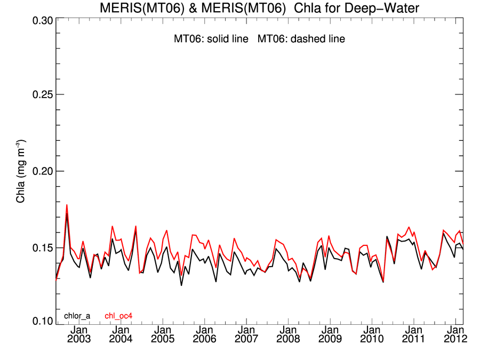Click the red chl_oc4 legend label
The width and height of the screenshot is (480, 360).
(x=118, y=316)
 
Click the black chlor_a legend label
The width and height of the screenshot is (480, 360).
(x=77, y=316)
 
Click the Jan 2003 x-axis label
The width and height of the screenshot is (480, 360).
(x=79, y=334)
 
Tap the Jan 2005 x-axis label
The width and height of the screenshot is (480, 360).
(x=163, y=334)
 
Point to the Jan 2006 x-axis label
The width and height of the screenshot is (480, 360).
(x=204, y=334)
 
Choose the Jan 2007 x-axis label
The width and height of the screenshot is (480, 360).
(x=246, y=334)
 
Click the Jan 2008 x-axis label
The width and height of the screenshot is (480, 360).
(x=288, y=334)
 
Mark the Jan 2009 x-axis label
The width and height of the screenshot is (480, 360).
(x=330, y=334)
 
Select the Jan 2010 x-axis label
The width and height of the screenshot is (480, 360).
(x=372, y=334)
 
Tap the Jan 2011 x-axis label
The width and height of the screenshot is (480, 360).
(x=413, y=334)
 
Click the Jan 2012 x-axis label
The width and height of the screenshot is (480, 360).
(x=455, y=334)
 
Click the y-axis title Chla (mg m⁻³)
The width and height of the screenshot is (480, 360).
(x=21, y=171)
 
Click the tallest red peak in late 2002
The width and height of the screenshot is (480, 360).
(x=67, y=205)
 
